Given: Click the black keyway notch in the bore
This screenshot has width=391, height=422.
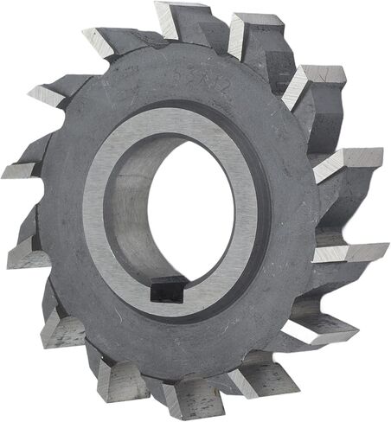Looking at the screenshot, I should pyautogui.click(x=166, y=289).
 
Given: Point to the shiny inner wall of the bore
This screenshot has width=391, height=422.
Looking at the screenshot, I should pyautogui.click(x=131, y=208).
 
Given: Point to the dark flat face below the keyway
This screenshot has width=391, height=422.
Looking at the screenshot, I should pyautogui.click(x=173, y=333).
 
